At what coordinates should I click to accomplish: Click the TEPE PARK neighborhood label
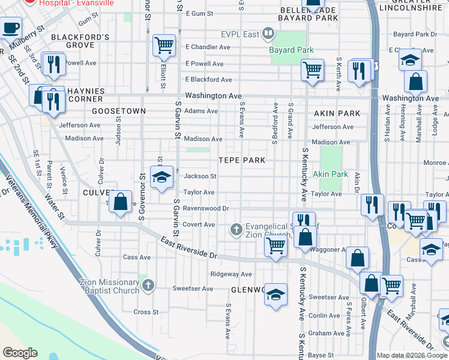[x=242, y=161]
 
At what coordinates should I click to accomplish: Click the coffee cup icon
[x=11, y=28]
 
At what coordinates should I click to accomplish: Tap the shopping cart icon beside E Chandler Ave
[x=163, y=45]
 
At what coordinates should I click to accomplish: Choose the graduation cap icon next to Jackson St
[x=162, y=178]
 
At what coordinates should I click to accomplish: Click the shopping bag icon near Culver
[x=120, y=202]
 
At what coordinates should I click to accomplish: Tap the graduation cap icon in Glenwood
[x=276, y=295]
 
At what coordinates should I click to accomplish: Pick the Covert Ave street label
[x=199, y=224]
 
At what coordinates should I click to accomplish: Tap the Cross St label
[x=146, y=312]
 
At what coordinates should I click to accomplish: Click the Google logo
[x=20, y=353]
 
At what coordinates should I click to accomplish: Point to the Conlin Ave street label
[x=325, y=316]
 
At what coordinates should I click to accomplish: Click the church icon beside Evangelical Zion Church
[x=237, y=229]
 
